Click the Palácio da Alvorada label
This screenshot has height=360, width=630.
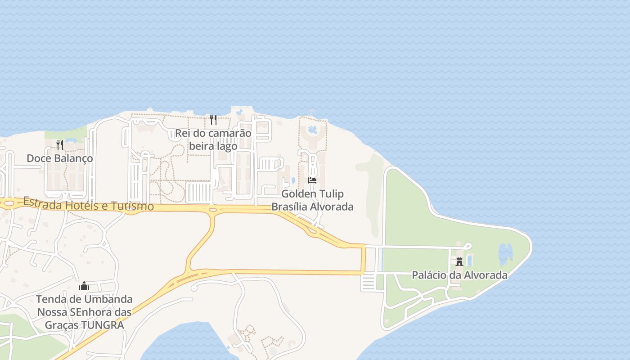point(459,275)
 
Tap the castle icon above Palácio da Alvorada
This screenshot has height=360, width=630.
point(459,261)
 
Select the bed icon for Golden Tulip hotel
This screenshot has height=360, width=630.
point(312,180)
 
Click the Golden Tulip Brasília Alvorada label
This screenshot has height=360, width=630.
point(312,200)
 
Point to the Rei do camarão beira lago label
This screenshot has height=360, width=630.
point(213,139)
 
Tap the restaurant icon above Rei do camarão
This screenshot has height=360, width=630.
point(213,120)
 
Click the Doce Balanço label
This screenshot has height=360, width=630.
point(60,158)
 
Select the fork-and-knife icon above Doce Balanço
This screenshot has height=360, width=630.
point(60,144)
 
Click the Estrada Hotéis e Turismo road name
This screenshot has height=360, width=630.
point(88,204)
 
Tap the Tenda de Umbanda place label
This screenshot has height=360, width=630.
point(84,312)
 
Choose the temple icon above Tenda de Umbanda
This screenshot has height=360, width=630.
point(84,286)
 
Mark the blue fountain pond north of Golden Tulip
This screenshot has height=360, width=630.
point(312,130)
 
